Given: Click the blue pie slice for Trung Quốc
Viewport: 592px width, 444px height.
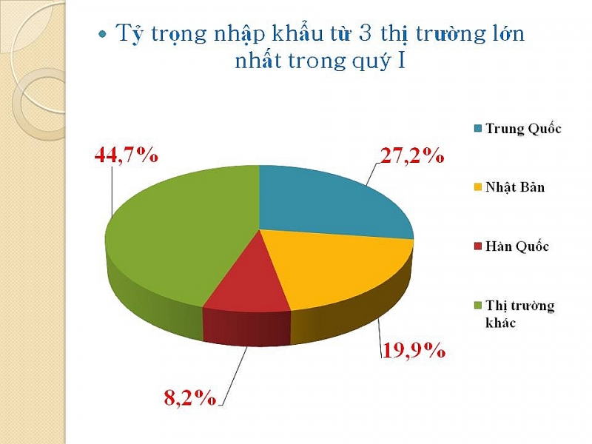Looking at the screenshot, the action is point(325,204).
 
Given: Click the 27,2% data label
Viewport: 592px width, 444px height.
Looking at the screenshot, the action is point(412,155).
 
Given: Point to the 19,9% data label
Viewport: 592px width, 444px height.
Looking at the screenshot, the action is point(414,350).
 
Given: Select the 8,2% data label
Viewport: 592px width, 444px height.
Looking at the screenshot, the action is point(190,397).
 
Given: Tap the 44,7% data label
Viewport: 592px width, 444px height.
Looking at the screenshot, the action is point(126,155).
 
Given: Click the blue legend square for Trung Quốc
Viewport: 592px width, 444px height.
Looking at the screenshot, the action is point(478,128).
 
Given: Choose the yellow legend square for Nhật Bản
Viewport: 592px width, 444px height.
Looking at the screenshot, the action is point(478,187).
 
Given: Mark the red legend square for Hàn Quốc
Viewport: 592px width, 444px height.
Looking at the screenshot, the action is point(478,246).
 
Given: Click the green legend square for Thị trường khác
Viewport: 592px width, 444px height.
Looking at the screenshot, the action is point(478,306).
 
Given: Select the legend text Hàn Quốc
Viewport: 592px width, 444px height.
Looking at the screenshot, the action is point(517,246).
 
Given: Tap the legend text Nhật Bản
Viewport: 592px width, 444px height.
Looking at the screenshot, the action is point(515,187).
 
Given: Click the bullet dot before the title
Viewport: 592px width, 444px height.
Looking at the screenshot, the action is point(102,34).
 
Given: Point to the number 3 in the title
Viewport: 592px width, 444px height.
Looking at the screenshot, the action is point(366,33).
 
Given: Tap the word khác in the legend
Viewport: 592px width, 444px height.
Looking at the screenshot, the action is point(501,323).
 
